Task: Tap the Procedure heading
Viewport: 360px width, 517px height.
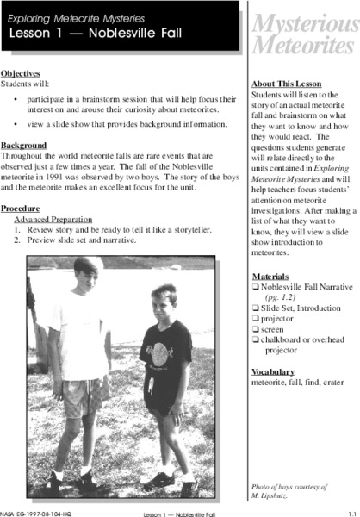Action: (21, 209)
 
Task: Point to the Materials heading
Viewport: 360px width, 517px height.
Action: (270, 277)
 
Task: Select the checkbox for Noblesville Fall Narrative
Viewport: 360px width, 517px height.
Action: (255, 290)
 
